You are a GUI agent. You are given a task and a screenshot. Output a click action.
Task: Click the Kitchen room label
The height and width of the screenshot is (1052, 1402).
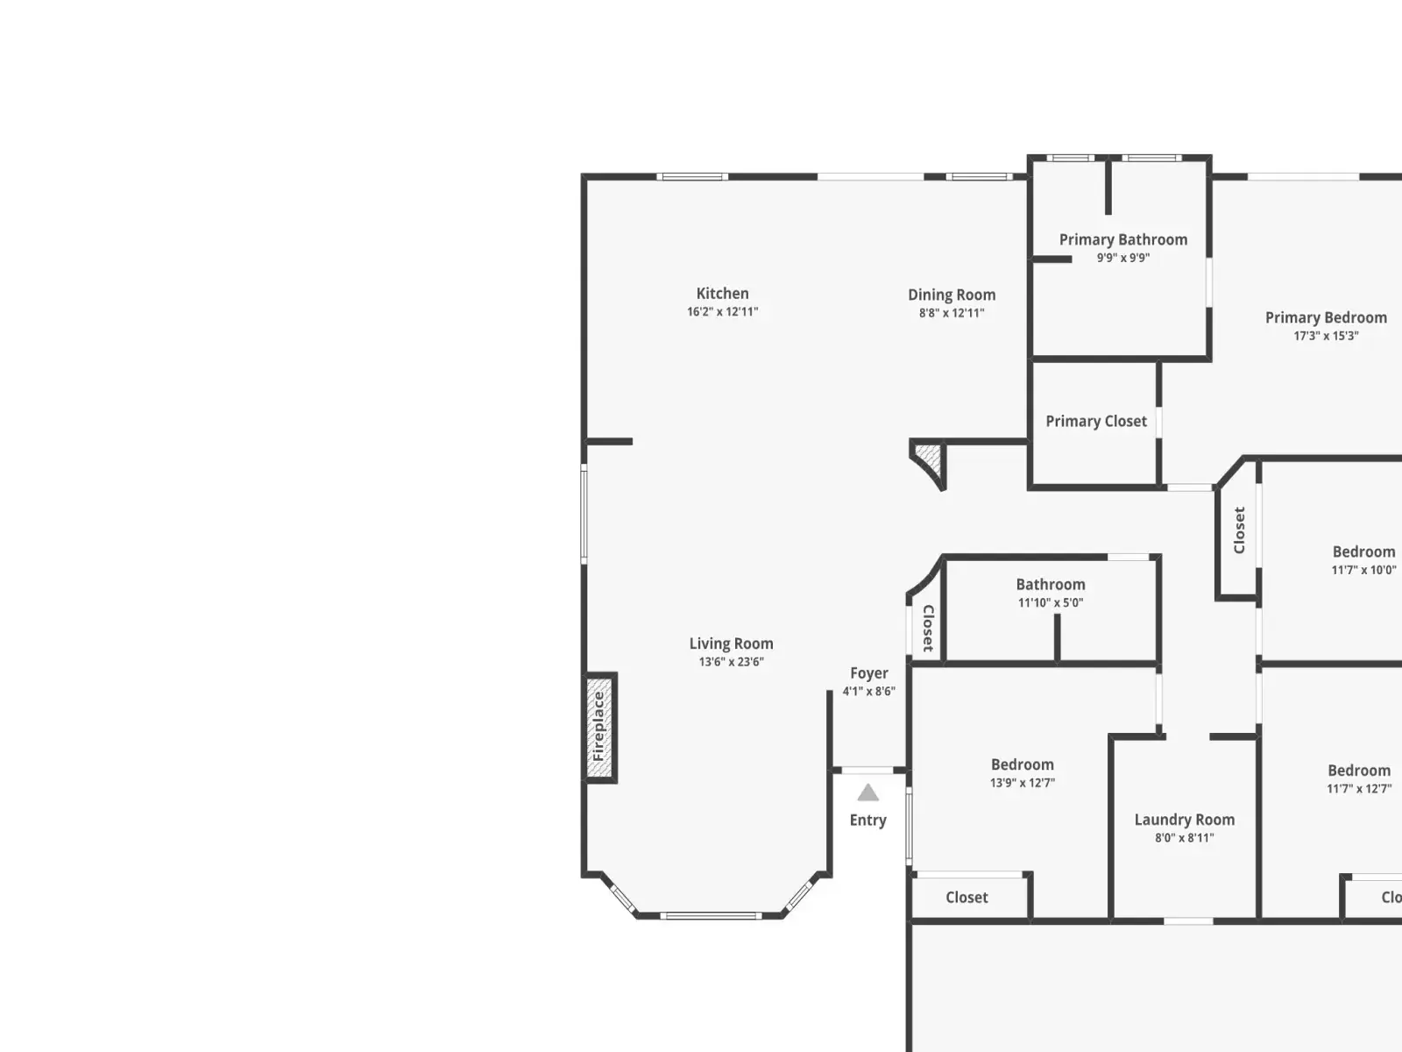click(722, 293)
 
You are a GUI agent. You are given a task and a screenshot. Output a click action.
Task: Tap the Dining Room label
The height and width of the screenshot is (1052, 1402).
click(952, 295)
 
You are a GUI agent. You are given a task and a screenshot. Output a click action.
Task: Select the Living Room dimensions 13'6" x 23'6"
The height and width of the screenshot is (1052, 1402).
click(732, 662)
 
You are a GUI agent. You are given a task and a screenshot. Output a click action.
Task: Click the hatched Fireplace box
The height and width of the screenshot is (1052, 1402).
click(599, 727)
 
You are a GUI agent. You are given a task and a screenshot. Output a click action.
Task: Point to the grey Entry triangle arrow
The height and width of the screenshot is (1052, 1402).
click(868, 793)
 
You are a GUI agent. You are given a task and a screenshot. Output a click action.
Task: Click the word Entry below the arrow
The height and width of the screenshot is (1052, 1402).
click(868, 821)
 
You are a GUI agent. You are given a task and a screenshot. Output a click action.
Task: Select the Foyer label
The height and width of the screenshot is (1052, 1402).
click(869, 673)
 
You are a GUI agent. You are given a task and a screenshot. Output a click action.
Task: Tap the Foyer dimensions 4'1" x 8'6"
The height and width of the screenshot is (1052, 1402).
click(869, 691)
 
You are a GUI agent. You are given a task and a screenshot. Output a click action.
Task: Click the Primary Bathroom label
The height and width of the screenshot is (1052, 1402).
click(1123, 239)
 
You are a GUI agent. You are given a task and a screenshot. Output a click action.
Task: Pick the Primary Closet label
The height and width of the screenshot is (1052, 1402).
click(1096, 422)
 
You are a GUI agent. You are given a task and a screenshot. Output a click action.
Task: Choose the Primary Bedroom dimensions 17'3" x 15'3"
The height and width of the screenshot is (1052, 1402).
click(1326, 336)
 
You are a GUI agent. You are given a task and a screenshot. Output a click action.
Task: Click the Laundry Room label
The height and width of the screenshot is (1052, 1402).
click(1185, 820)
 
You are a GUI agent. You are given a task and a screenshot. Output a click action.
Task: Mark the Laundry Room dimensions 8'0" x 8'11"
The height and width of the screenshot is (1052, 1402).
click(1185, 838)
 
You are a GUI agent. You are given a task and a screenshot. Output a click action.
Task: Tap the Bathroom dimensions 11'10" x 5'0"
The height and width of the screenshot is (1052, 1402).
click(1051, 602)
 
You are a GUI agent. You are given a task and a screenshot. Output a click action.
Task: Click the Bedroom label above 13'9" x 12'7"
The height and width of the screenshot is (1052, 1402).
click(1023, 764)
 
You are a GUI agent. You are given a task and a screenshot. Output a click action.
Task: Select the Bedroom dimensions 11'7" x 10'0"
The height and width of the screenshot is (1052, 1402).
click(1363, 570)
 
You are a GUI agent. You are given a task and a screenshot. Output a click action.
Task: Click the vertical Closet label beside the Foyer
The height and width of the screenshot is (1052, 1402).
click(929, 629)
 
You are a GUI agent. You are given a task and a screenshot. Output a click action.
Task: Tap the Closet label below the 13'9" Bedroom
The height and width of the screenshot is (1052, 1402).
click(967, 898)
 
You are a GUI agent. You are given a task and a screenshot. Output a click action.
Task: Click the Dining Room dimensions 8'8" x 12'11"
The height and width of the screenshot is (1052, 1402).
click(952, 313)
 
